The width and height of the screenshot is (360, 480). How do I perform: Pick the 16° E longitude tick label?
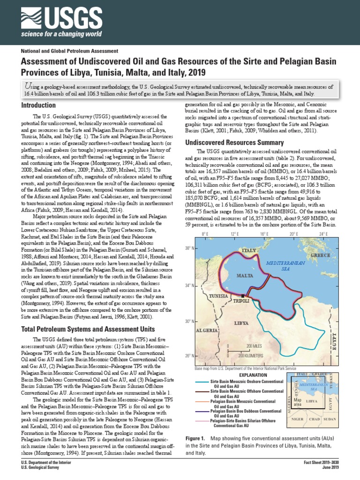click(x=263, y=233)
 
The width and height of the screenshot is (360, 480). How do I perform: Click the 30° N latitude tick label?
click(x=188, y=322)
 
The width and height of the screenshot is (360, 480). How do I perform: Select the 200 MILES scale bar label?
click(x=255, y=346)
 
